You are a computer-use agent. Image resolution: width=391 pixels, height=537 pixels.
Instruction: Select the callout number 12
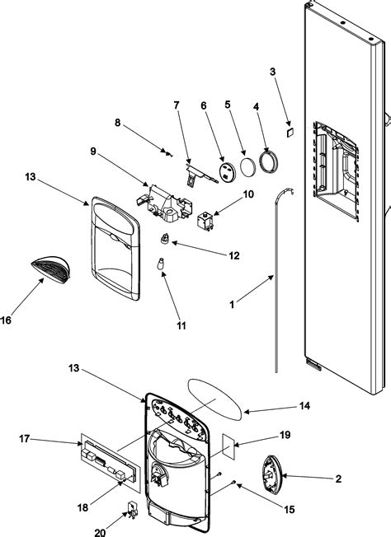[233, 256]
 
